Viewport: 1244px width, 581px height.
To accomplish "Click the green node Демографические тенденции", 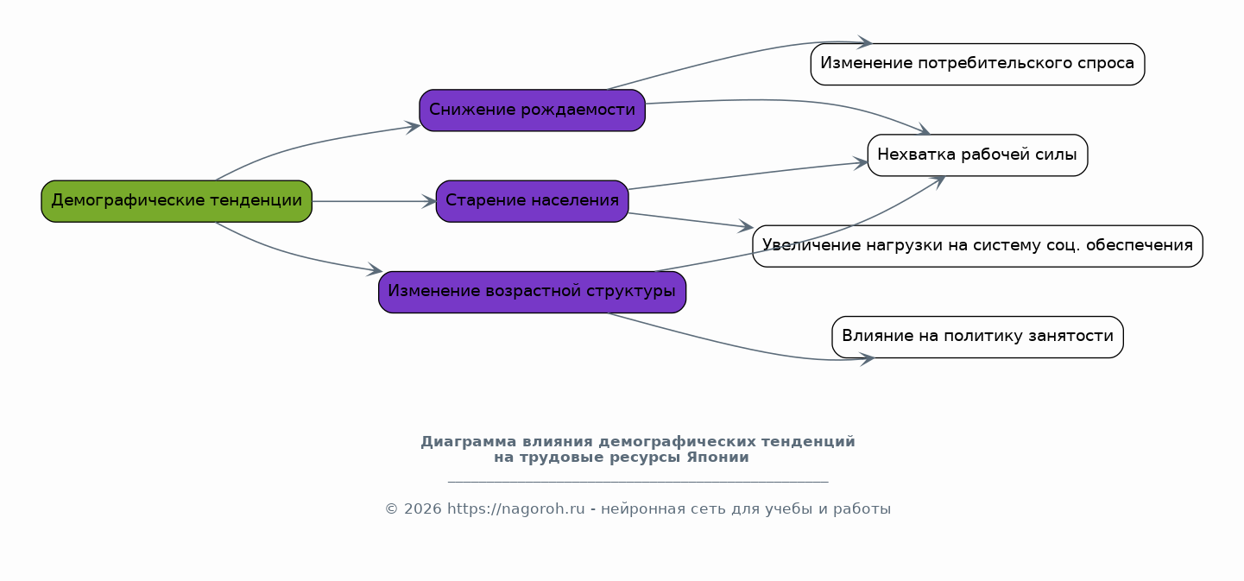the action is (x=177, y=201).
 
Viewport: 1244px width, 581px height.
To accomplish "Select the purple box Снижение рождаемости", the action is (x=532, y=110).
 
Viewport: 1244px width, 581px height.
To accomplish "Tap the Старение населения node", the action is (x=532, y=201).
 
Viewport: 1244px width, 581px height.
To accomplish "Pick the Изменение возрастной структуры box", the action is (x=532, y=292).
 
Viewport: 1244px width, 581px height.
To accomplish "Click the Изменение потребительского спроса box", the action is (x=977, y=65).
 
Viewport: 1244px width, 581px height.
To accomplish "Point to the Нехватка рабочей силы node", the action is (x=977, y=155).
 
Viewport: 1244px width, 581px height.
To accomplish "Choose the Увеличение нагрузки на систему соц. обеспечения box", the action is (x=977, y=246).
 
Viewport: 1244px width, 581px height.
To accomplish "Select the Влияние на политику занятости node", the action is (x=977, y=338).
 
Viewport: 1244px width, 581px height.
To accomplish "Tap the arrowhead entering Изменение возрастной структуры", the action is (x=375, y=269).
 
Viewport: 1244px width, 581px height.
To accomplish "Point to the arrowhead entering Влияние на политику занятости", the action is (x=868, y=359).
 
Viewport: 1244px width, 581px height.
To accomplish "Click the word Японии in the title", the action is (x=717, y=458).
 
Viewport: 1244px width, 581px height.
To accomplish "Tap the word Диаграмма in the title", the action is (x=468, y=442).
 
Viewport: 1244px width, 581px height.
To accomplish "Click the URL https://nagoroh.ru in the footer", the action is (x=516, y=508).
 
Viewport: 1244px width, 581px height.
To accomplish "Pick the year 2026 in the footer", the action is (x=423, y=508).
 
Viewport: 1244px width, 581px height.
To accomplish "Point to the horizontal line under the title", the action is (x=638, y=482).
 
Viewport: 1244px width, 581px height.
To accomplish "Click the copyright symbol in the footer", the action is (x=392, y=508).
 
